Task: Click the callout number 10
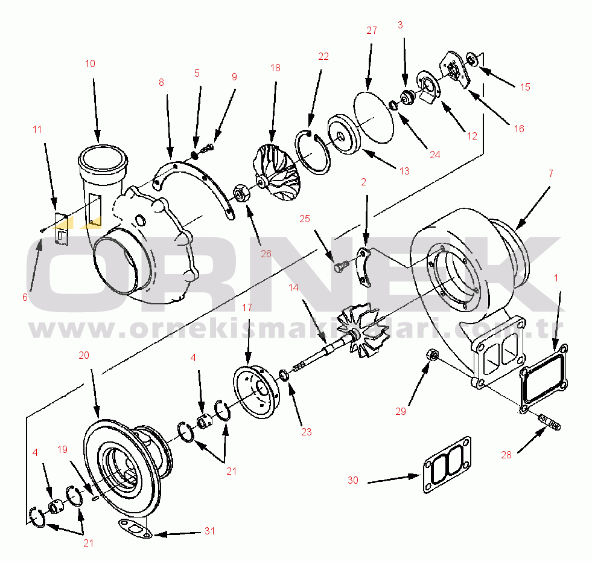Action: [90, 63]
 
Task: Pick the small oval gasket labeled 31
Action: [135, 528]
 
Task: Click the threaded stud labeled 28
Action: [549, 423]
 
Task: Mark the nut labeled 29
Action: [431, 356]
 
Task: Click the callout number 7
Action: [550, 174]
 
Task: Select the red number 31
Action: [209, 531]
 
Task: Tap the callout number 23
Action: [307, 432]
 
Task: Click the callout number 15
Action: [525, 87]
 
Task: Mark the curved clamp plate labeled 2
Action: [363, 265]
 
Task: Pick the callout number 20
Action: [84, 355]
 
